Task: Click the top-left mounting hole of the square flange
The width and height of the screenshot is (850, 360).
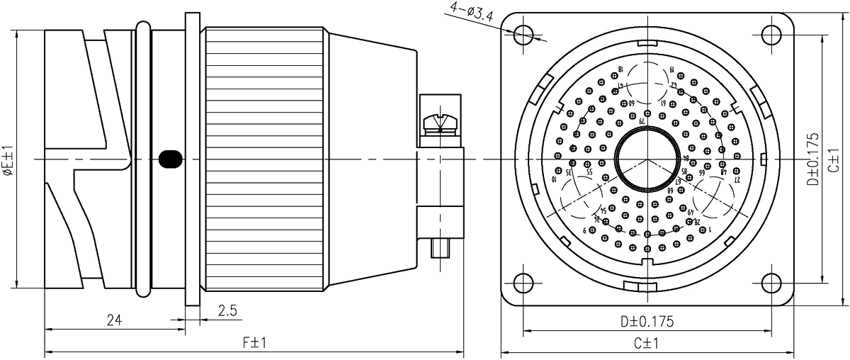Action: (523, 34)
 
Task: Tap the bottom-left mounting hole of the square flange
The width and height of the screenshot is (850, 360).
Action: (523, 281)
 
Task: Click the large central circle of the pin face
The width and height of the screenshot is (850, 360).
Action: (647, 158)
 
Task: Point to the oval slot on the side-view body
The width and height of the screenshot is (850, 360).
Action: (168, 159)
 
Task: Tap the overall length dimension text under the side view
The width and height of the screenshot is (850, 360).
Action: (252, 344)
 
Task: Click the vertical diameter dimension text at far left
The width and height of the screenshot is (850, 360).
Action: (9, 159)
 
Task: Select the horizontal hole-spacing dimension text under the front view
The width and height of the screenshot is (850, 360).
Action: (646, 321)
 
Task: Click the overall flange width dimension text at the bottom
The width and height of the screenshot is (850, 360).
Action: (646, 344)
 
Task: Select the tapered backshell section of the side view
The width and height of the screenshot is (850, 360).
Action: (368, 159)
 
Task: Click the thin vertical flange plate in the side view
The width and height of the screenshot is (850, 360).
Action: (191, 159)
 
